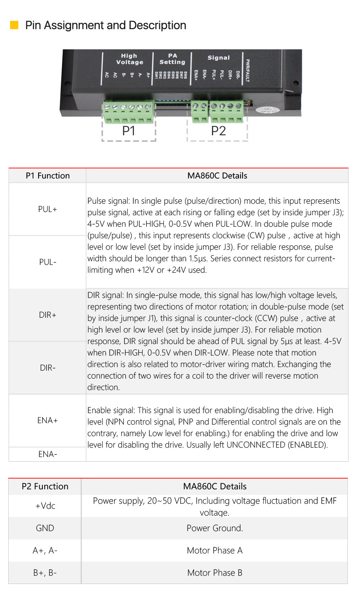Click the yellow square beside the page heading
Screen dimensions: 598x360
click(14, 25)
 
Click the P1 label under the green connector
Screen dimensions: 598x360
click(129, 131)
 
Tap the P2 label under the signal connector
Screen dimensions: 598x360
click(219, 131)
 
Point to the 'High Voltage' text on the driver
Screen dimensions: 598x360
click(129, 59)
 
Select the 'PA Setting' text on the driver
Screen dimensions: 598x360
click(172, 59)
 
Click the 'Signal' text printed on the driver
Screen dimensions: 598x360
click(219, 58)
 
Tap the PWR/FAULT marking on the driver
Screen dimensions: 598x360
click(248, 71)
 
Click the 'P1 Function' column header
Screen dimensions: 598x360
click(48, 176)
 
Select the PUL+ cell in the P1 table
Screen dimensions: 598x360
click(48, 209)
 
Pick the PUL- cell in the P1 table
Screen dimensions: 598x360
click(48, 262)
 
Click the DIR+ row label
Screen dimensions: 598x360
click(48, 315)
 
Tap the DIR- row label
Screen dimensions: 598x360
click(48, 368)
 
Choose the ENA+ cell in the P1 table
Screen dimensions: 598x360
click(48, 420)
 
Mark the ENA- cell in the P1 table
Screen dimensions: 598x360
click(48, 454)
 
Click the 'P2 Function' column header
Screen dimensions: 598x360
click(45, 486)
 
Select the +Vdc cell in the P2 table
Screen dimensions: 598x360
click(45, 506)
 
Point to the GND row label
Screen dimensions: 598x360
click(45, 528)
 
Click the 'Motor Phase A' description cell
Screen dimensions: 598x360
click(215, 551)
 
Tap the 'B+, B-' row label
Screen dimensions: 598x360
click(45, 573)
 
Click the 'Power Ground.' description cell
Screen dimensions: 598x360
click(215, 528)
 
